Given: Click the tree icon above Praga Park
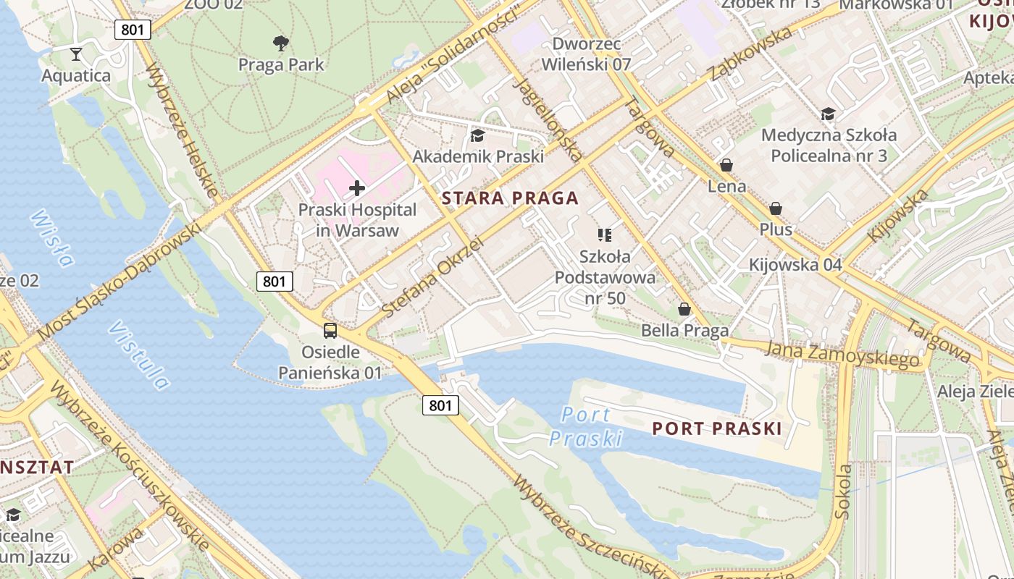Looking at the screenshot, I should click(281, 43).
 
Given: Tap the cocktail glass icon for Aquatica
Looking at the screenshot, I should click(76, 54).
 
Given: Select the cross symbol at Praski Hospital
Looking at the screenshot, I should click(356, 189).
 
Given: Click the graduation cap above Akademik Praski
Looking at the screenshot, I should click(477, 135).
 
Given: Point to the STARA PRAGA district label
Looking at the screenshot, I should click(510, 198).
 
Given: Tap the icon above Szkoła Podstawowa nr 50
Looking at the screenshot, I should click(605, 234).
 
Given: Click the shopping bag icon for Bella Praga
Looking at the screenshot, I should click(684, 310).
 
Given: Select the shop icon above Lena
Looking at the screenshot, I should click(726, 165).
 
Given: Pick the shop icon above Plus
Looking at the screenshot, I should click(776, 208).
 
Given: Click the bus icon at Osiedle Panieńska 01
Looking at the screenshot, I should click(330, 331).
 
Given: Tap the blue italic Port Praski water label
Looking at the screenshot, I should click(586, 426).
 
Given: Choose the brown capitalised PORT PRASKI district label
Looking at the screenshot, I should click(717, 428).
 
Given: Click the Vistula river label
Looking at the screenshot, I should click(139, 355).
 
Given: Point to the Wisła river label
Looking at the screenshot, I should click(53, 238).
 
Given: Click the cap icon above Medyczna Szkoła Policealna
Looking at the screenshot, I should click(829, 114).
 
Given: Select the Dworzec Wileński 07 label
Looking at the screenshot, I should click(587, 54).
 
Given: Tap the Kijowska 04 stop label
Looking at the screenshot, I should click(795, 265).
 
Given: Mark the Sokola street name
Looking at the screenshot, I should click(843, 491).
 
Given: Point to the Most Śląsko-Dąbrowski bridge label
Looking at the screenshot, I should click(120, 282).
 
